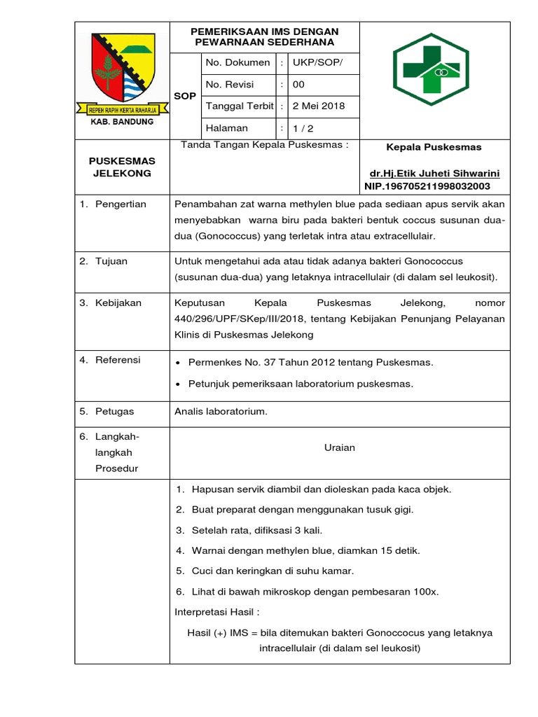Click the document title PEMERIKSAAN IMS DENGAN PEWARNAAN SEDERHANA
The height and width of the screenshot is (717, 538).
click(265, 36)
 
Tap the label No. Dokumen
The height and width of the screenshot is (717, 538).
click(237, 62)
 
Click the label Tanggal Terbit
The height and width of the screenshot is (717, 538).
click(239, 106)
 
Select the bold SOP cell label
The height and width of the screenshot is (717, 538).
click(185, 95)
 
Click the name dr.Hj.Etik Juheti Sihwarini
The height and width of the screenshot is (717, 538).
click(434, 173)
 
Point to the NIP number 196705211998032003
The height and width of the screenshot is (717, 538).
click(427, 186)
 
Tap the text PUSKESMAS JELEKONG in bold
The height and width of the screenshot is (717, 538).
click(122, 167)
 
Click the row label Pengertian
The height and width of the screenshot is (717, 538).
click(121, 204)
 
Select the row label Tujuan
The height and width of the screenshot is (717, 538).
click(111, 261)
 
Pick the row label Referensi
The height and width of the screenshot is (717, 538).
click(118, 360)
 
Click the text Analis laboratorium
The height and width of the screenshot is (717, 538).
click(221, 411)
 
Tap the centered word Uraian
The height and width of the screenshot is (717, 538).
click(340, 447)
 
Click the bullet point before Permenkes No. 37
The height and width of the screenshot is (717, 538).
click(180, 363)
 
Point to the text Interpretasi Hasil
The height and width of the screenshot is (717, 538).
click(216, 611)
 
